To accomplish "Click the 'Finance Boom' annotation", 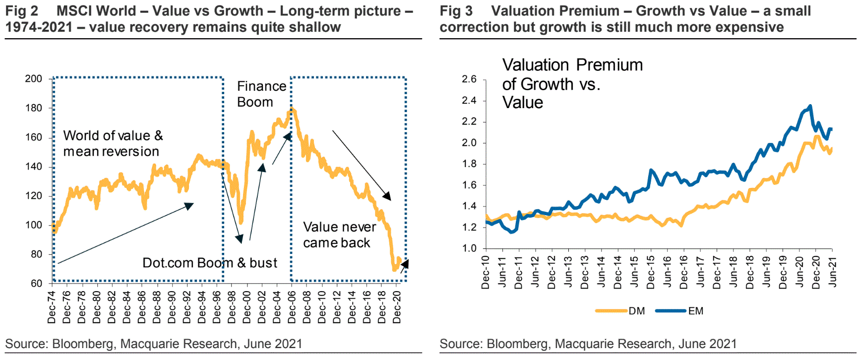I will pos(261,94).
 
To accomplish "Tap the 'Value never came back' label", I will pos(339,235).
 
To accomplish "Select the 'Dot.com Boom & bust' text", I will pos(209,263).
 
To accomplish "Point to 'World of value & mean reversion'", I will pos(113,143).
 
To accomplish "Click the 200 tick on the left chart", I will pos(34,79).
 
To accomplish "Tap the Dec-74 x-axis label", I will pos(52,306).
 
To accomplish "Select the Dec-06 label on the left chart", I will pos(292,306).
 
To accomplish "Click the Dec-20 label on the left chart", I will pos(397,306).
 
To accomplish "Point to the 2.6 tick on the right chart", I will pos(469,79).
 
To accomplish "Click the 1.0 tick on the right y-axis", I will pos(469,248).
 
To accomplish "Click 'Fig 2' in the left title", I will pos(21,11).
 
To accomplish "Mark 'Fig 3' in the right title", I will pos(456,11).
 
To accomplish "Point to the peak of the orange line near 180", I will pos(292,109).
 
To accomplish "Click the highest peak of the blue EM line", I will pos(810,106).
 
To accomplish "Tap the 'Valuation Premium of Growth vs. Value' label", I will pos(572,83).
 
